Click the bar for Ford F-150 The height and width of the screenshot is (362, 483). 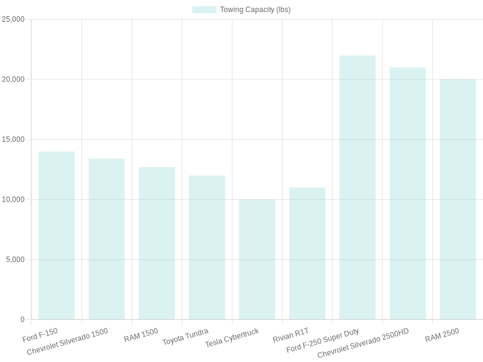(56, 235)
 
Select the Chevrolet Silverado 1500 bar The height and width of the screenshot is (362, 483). (106, 239)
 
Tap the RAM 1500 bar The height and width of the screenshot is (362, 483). (156, 243)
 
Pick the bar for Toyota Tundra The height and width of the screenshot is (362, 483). (206, 247)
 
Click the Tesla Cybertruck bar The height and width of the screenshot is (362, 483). (257, 259)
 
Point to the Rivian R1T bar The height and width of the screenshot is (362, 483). (307, 253)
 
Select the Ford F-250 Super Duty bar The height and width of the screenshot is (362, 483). (357, 187)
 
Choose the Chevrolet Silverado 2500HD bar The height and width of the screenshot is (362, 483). (407, 193)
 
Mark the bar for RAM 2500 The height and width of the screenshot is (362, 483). (457, 199)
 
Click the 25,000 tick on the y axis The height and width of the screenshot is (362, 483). (13, 19)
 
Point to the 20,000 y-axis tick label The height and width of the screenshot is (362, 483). (13, 79)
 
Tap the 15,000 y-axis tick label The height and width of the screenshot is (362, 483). (13, 139)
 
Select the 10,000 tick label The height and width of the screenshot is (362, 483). (13, 199)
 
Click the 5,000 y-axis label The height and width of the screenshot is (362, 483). (15, 259)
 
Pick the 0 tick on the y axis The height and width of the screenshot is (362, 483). (22, 319)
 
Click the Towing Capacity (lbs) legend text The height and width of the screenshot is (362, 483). (255, 10)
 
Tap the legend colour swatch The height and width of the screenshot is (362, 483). (204, 10)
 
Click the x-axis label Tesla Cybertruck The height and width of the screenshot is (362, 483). (232, 338)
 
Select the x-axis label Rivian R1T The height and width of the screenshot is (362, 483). (290, 335)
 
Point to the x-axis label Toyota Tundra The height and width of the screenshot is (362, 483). (185, 337)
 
